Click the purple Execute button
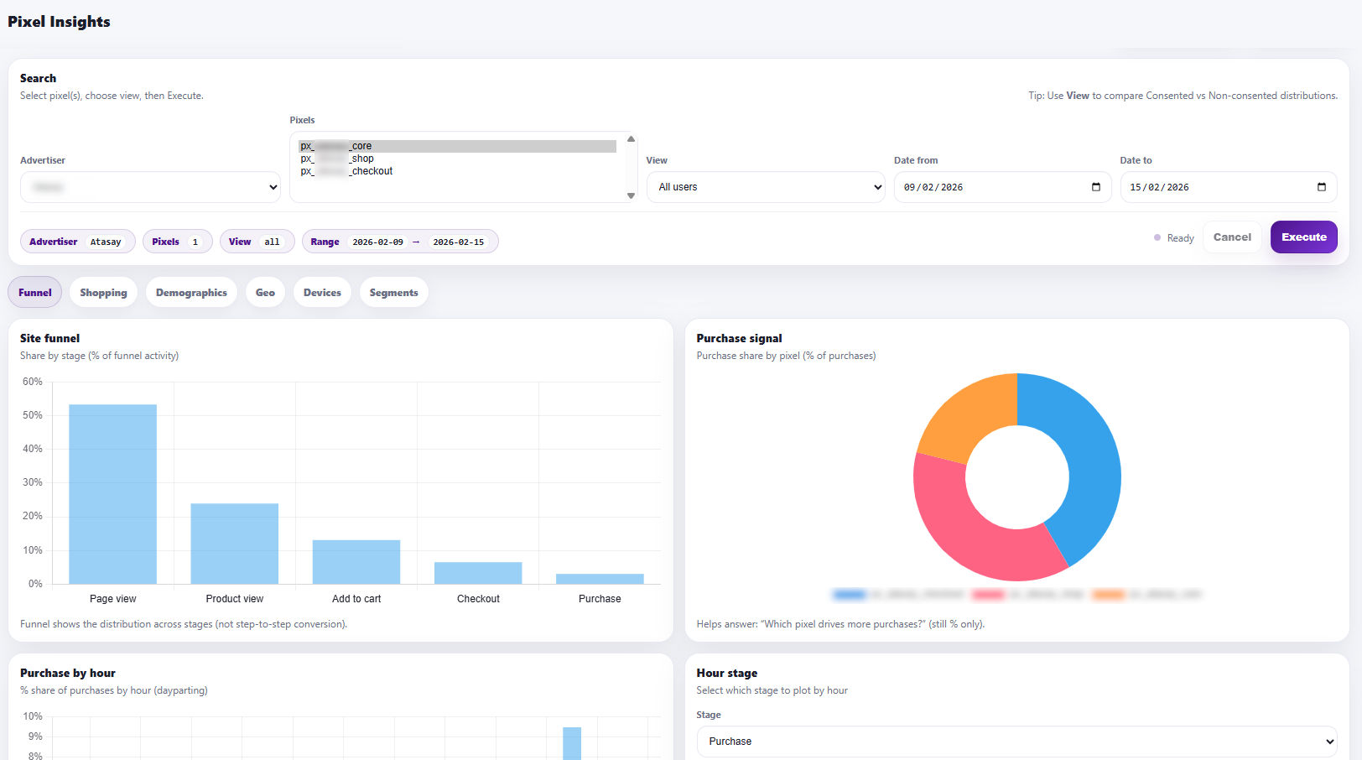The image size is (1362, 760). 1303,237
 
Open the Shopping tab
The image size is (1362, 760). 103,293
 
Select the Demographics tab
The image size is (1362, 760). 191,293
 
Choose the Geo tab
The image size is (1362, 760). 265,293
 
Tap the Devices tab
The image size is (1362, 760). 322,293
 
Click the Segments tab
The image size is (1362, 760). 393,293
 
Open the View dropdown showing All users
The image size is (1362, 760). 767,187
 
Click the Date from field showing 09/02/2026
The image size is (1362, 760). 990,187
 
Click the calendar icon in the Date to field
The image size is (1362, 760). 1322,187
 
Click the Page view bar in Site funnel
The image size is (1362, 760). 112,494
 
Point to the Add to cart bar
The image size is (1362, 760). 356,561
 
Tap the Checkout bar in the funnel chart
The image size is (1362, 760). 478,573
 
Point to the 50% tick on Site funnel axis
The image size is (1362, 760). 33,415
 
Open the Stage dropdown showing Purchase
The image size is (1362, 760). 1016,742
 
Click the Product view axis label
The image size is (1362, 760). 235,599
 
